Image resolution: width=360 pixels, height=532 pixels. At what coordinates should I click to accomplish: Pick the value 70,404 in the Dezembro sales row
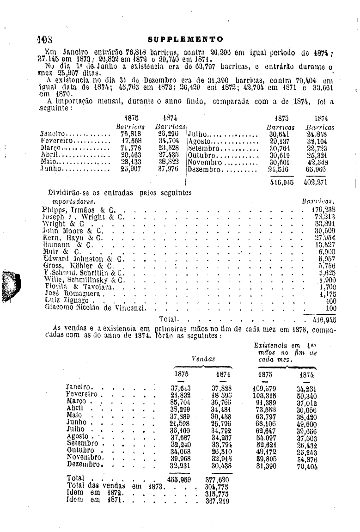pyautogui.click(x=307, y=466)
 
